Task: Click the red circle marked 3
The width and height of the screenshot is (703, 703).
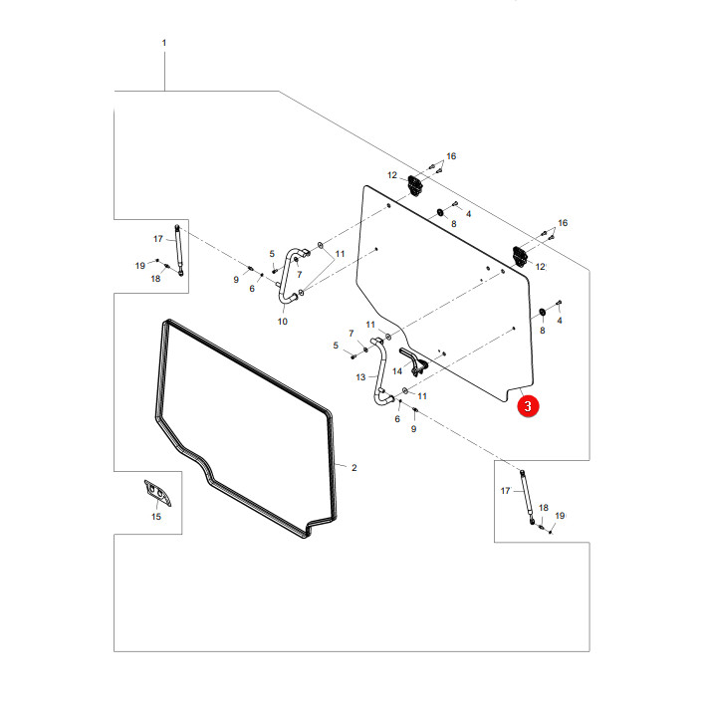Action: tap(528, 405)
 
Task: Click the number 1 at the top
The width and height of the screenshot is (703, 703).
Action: tap(164, 43)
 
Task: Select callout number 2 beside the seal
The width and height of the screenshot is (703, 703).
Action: tap(353, 468)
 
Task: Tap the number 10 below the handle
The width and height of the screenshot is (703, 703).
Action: tap(282, 322)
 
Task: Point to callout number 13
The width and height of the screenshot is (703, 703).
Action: tap(360, 377)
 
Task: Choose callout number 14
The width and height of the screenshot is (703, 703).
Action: tap(397, 371)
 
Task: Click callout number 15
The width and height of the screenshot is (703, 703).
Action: tap(156, 517)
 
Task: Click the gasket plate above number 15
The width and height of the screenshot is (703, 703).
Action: tap(157, 493)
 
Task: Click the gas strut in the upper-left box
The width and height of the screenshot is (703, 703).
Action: tap(179, 250)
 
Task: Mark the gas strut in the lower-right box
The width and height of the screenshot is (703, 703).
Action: tap(527, 497)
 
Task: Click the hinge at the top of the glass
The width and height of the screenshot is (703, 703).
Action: tap(415, 185)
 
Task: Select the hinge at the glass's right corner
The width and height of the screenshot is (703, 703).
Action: tap(521, 257)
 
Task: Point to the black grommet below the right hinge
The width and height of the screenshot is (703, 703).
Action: tap(542, 312)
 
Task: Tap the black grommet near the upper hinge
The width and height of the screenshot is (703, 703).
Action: tap(440, 212)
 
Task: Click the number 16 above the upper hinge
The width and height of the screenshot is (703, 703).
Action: tap(451, 156)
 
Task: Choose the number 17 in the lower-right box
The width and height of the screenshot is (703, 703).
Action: tap(505, 491)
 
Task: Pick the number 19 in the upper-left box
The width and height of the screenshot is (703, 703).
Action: tap(139, 266)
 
